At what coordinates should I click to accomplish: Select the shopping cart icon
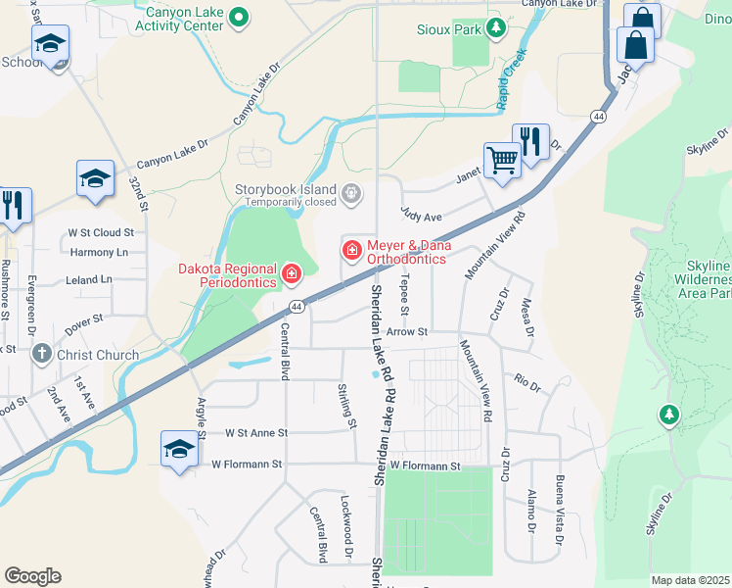coord(502,159)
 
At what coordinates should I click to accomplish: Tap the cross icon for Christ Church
coord(41,354)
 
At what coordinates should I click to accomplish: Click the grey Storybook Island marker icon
coord(351,196)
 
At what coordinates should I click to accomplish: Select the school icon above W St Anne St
coord(179,448)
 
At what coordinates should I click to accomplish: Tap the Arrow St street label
coord(407,332)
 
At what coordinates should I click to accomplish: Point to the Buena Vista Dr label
coord(559,509)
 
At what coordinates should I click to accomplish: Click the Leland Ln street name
coord(89,279)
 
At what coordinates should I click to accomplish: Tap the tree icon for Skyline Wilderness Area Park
coord(669,416)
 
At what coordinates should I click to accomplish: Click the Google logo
coord(32,576)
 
